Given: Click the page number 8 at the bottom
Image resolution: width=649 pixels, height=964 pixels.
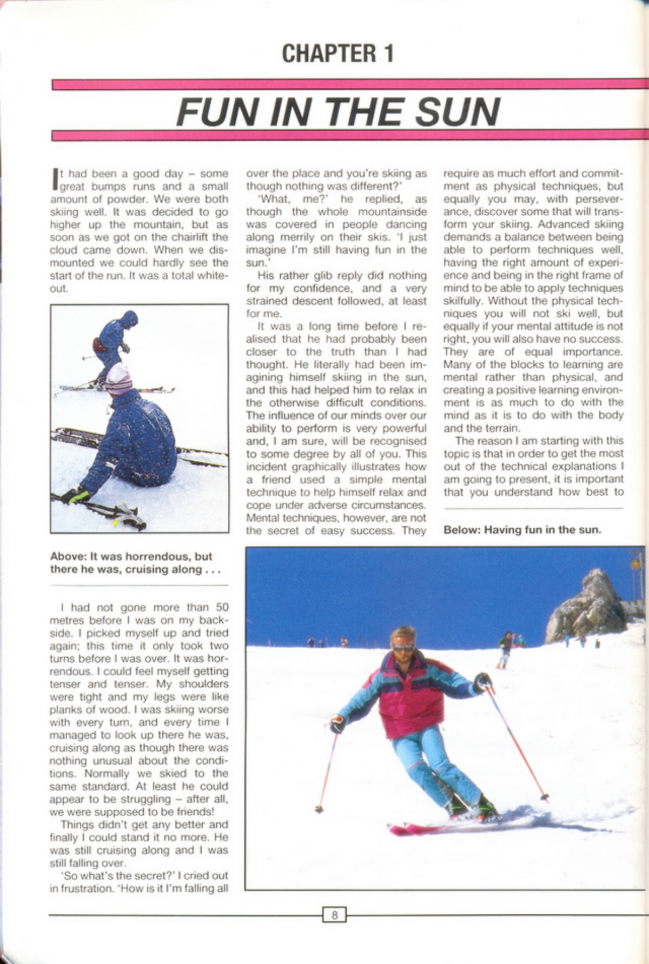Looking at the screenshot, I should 334,916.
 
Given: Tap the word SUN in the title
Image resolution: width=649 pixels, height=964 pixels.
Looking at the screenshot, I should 454,112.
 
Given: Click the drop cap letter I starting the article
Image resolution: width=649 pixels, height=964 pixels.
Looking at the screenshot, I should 54,179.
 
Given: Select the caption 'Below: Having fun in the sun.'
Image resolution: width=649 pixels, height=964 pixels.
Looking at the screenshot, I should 522,530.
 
